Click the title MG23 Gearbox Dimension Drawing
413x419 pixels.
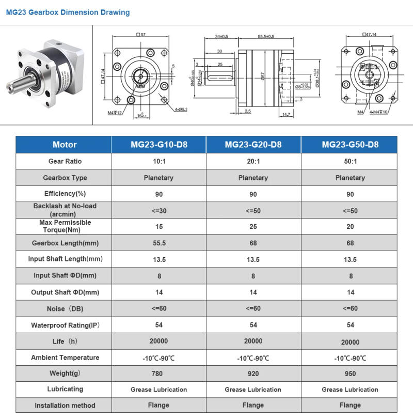click(68, 12)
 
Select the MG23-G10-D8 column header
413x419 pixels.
click(158, 145)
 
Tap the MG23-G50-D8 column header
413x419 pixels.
click(350, 145)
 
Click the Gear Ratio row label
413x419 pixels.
click(65, 161)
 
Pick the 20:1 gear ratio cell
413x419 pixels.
click(253, 161)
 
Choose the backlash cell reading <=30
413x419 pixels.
click(158, 210)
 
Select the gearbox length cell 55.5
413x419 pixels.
click(158, 243)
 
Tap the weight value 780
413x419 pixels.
click(158, 374)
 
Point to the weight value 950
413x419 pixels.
click(350, 374)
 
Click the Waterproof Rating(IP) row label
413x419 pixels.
click(65, 325)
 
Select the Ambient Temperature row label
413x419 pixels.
click(65, 358)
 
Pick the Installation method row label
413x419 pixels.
click(65, 406)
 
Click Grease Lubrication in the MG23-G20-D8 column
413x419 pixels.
click(253, 390)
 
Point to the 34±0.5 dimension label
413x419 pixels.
click(221, 37)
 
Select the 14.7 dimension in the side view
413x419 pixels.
click(286, 114)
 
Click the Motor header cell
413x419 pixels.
click(65, 145)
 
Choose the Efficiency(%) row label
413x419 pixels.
click(65, 194)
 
